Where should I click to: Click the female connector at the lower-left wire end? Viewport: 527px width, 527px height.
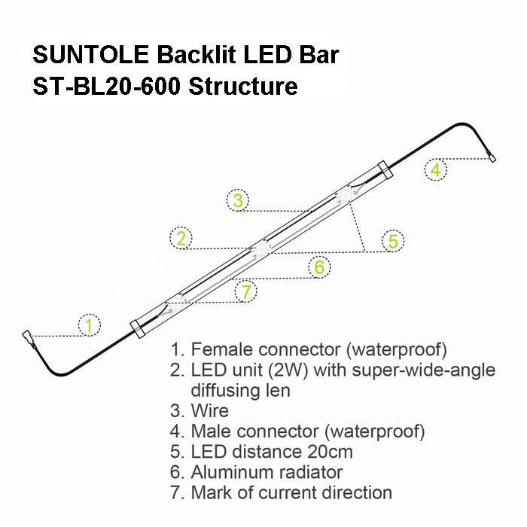[x=29, y=339]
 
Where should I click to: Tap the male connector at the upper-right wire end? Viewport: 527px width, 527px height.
[x=491, y=157]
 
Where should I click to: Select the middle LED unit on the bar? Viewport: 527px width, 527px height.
[x=260, y=249]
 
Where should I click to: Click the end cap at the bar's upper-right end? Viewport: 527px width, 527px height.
[x=385, y=170]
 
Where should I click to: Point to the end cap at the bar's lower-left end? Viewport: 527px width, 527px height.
[x=138, y=329]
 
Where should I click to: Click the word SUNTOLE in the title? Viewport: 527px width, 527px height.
[x=91, y=54]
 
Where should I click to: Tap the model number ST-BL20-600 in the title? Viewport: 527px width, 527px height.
[x=107, y=87]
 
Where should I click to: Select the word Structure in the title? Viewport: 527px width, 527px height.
[x=243, y=87]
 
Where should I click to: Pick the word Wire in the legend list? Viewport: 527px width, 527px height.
[x=210, y=411]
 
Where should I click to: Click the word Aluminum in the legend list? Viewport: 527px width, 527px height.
[x=228, y=472]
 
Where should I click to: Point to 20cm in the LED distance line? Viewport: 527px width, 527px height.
[x=330, y=452]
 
